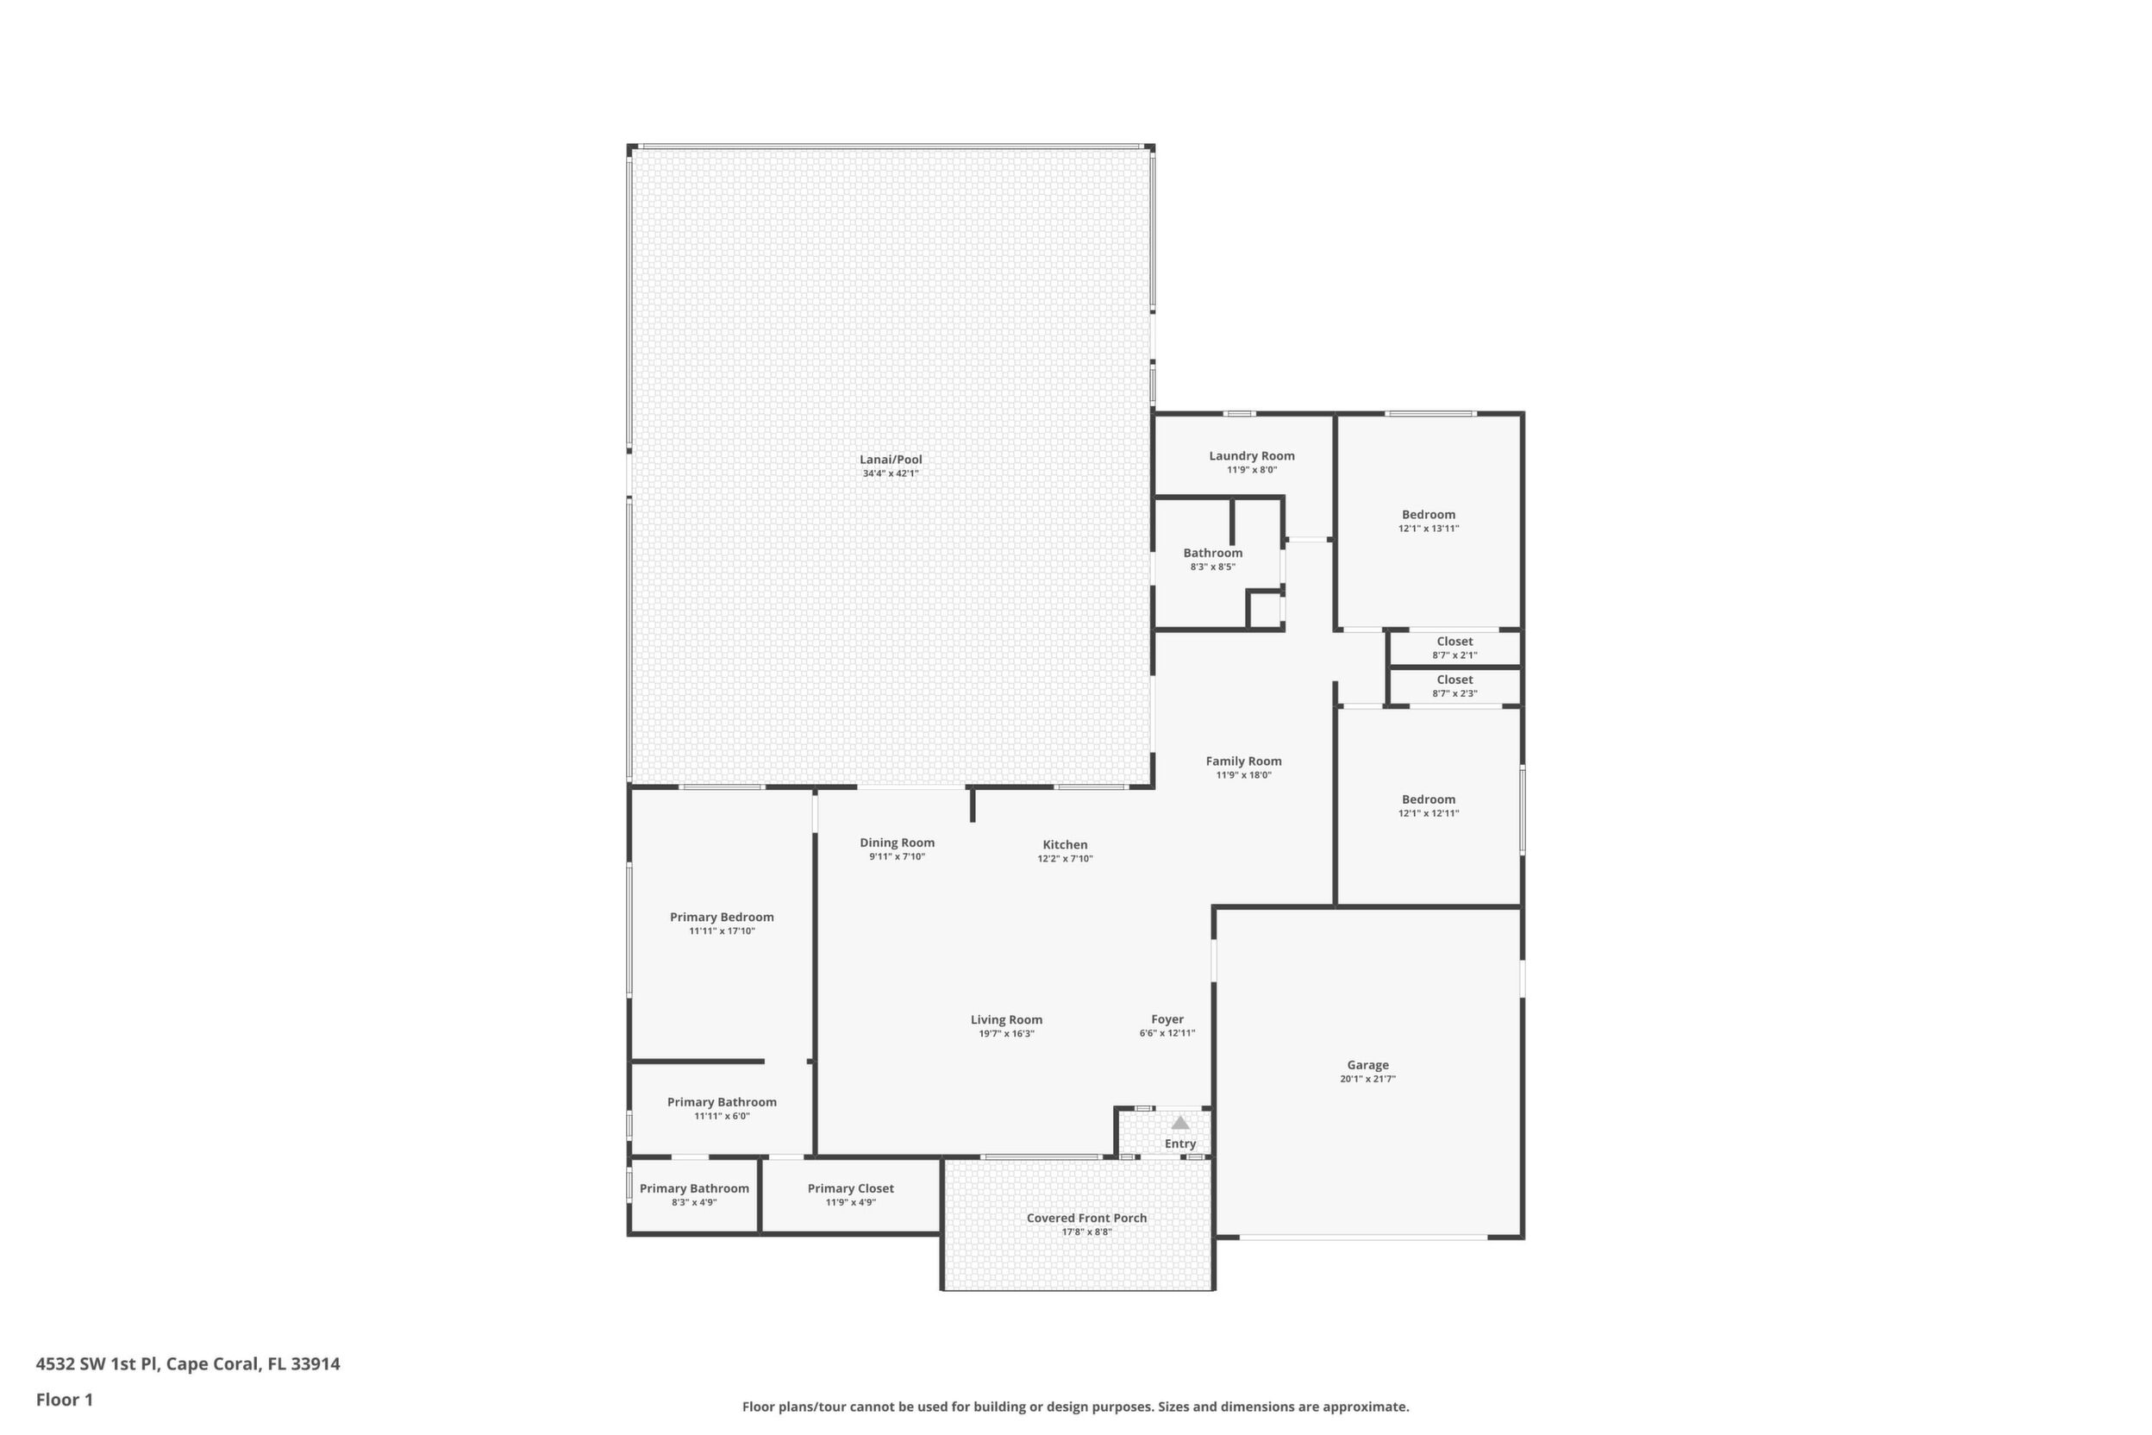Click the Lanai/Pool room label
click(891, 460)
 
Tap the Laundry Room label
click(1252, 455)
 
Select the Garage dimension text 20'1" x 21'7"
click(1368, 1079)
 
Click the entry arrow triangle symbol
click(1180, 1123)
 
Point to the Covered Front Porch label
click(1086, 1218)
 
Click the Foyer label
click(1167, 1019)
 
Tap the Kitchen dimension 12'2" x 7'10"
click(1065, 858)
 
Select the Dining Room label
click(897, 843)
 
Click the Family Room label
click(1243, 761)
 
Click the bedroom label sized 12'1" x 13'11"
click(1429, 515)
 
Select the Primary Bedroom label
click(722, 917)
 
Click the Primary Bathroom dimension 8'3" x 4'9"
click(694, 1202)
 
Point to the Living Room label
click(1006, 1019)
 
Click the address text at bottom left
click(188, 1364)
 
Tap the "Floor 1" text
click(64, 1401)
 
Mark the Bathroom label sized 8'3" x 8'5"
click(1213, 553)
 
